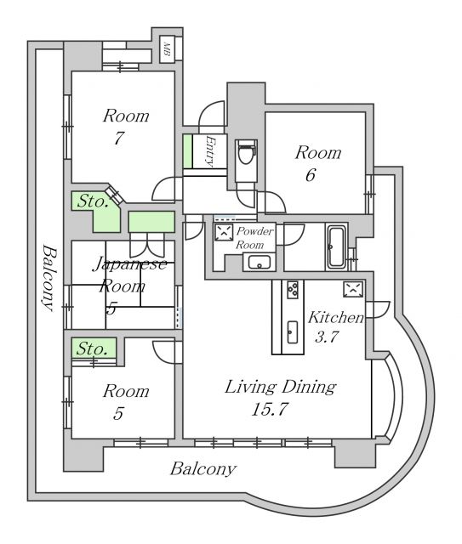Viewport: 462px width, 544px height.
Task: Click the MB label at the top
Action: point(168,50)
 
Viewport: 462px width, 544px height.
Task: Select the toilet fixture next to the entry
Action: point(246,154)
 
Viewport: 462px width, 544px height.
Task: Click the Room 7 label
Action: point(126,127)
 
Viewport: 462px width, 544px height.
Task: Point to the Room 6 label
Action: point(317,163)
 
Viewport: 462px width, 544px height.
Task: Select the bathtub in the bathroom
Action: point(336,246)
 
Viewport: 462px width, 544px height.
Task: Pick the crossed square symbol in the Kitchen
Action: point(352,289)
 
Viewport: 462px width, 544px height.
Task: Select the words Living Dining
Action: point(280,388)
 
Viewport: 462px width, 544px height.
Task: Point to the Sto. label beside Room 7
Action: point(92,201)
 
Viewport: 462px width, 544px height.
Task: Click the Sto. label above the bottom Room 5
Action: point(92,348)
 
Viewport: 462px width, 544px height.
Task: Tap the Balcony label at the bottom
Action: point(202,468)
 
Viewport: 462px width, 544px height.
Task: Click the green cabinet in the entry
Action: point(187,151)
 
